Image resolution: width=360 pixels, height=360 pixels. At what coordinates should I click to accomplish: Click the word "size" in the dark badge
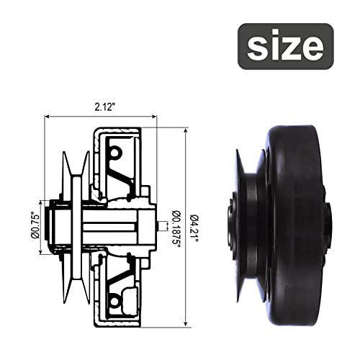[x=286, y=47]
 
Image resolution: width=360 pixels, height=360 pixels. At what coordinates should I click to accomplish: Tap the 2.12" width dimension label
[x=104, y=107]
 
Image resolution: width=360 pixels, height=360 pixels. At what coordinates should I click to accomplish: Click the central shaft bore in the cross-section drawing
[x=108, y=227]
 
